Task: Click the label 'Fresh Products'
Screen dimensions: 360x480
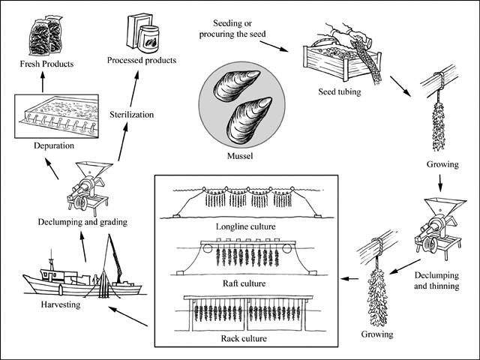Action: pyautogui.click(x=46, y=64)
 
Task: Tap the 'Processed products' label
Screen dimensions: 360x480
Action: pyautogui.click(x=141, y=59)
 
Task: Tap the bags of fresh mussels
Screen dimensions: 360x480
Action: pyautogui.click(x=43, y=35)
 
